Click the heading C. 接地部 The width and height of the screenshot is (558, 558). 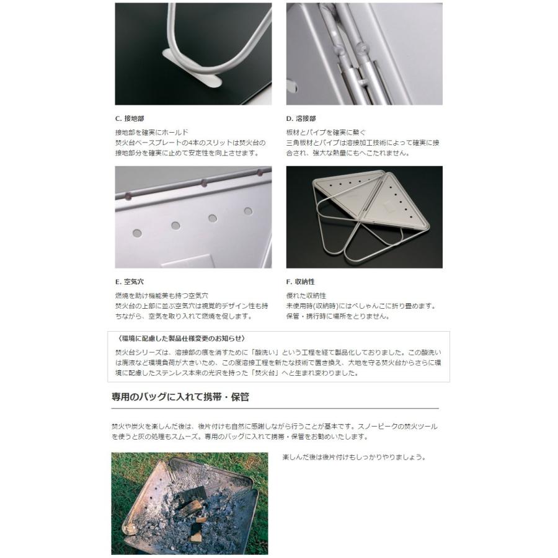pos(130,118)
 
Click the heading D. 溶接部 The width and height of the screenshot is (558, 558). pos(301,118)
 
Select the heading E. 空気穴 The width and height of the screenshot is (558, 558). pos(130,281)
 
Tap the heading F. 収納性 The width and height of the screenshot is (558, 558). pos(301,281)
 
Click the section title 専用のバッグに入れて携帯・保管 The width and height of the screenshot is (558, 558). pos(180,396)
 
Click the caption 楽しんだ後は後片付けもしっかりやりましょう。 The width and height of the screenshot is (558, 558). pos(354,458)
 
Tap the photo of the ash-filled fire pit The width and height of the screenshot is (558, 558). pos(190,503)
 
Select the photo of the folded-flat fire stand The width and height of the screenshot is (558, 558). pos(364,217)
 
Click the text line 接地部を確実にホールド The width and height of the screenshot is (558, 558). pos(151,133)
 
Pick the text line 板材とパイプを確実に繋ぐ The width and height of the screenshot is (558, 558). pos(326,133)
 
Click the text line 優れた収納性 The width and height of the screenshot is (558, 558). pos(306,296)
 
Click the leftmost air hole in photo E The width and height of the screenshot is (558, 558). pos(137,233)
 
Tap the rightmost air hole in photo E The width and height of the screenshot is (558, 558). pos(248,211)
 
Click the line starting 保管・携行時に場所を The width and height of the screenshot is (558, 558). pos(337,316)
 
